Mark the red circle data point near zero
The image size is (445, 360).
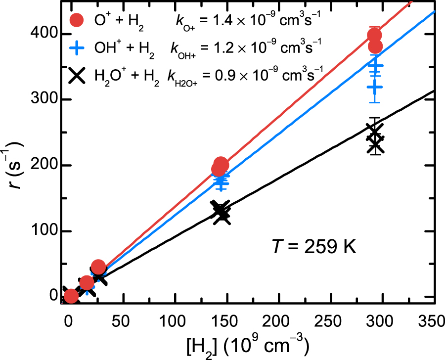pos(71,296)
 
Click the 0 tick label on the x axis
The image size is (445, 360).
pos(68,321)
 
